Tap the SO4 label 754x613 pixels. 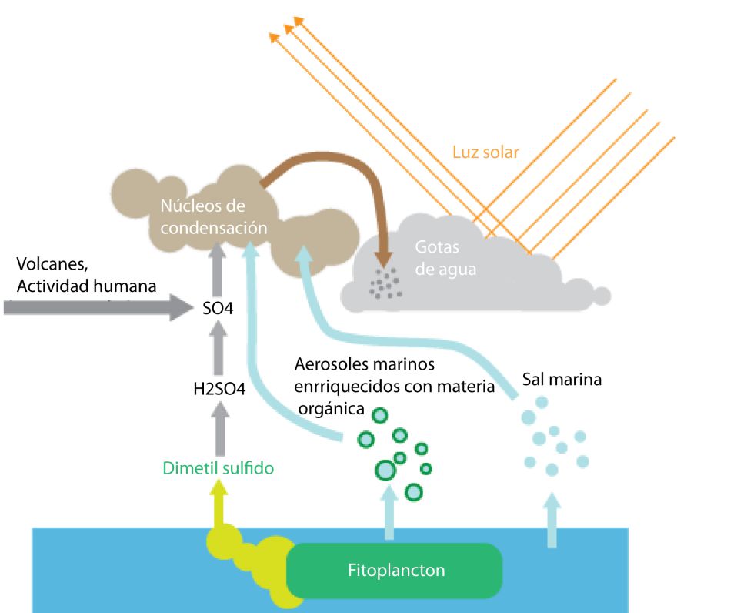(x=219, y=310)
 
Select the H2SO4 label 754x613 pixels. (x=219, y=389)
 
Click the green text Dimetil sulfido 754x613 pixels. (x=219, y=467)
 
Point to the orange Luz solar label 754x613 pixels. (x=485, y=152)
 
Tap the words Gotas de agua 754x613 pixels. (x=446, y=259)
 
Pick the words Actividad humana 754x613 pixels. (x=85, y=286)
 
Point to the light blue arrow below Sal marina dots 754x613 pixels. (x=552, y=521)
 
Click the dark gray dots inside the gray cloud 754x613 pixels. (x=385, y=283)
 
